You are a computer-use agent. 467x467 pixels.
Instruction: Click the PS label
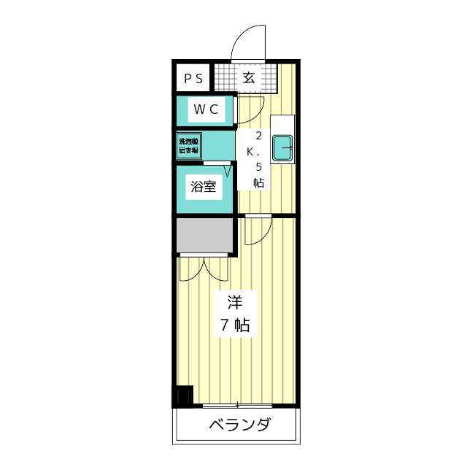point(193,78)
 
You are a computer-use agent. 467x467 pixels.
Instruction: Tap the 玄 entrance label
point(248,78)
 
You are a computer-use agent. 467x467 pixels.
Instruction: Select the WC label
point(204,110)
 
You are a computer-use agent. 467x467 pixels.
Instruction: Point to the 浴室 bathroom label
point(204,187)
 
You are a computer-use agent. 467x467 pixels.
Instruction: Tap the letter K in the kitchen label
point(250,152)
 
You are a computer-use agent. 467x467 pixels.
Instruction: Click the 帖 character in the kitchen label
point(258,182)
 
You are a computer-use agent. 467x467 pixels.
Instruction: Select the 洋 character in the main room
point(234,302)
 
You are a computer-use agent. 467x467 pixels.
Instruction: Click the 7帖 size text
point(235,325)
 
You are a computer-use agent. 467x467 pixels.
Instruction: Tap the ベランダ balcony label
point(240,425)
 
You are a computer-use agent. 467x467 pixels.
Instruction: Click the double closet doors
point(204,268)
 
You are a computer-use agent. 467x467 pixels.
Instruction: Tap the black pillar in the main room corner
point(182,396)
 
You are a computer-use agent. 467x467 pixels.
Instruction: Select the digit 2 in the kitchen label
point(258,136)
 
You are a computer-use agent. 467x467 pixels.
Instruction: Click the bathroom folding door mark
point(228,172)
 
